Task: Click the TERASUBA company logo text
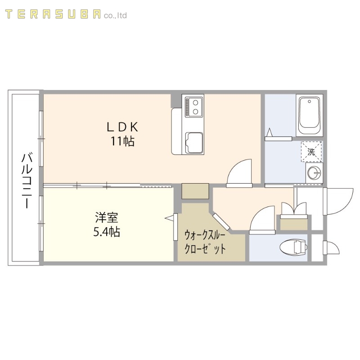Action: (x=66, y=15)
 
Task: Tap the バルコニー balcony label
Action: (x=27, y=180)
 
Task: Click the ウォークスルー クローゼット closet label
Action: (x=205, y=242)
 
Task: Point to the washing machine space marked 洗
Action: (x=311, y=152)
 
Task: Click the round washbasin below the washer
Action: (x=314, y=172)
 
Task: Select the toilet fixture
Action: (x=292, y=247)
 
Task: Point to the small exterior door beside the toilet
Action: (x=330, y=249)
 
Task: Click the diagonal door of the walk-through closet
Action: (x=221, y=223)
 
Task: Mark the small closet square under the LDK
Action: (x=195, y=191)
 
